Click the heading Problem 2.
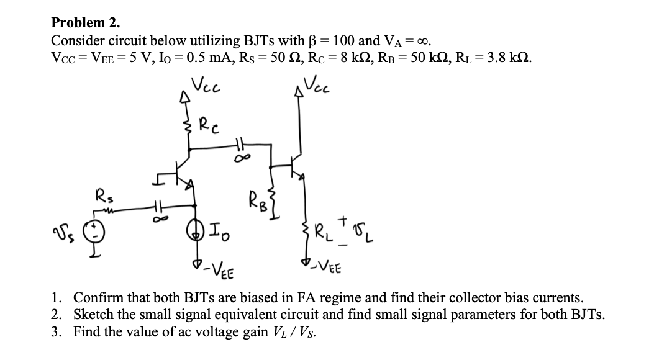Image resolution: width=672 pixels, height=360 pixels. pyautogui.click(x=86, y=23)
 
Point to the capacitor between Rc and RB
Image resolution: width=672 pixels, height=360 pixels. pyautogui.click(x=240, y=145)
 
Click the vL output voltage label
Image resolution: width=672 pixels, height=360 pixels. pyautogui.click(x=365, y=236)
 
